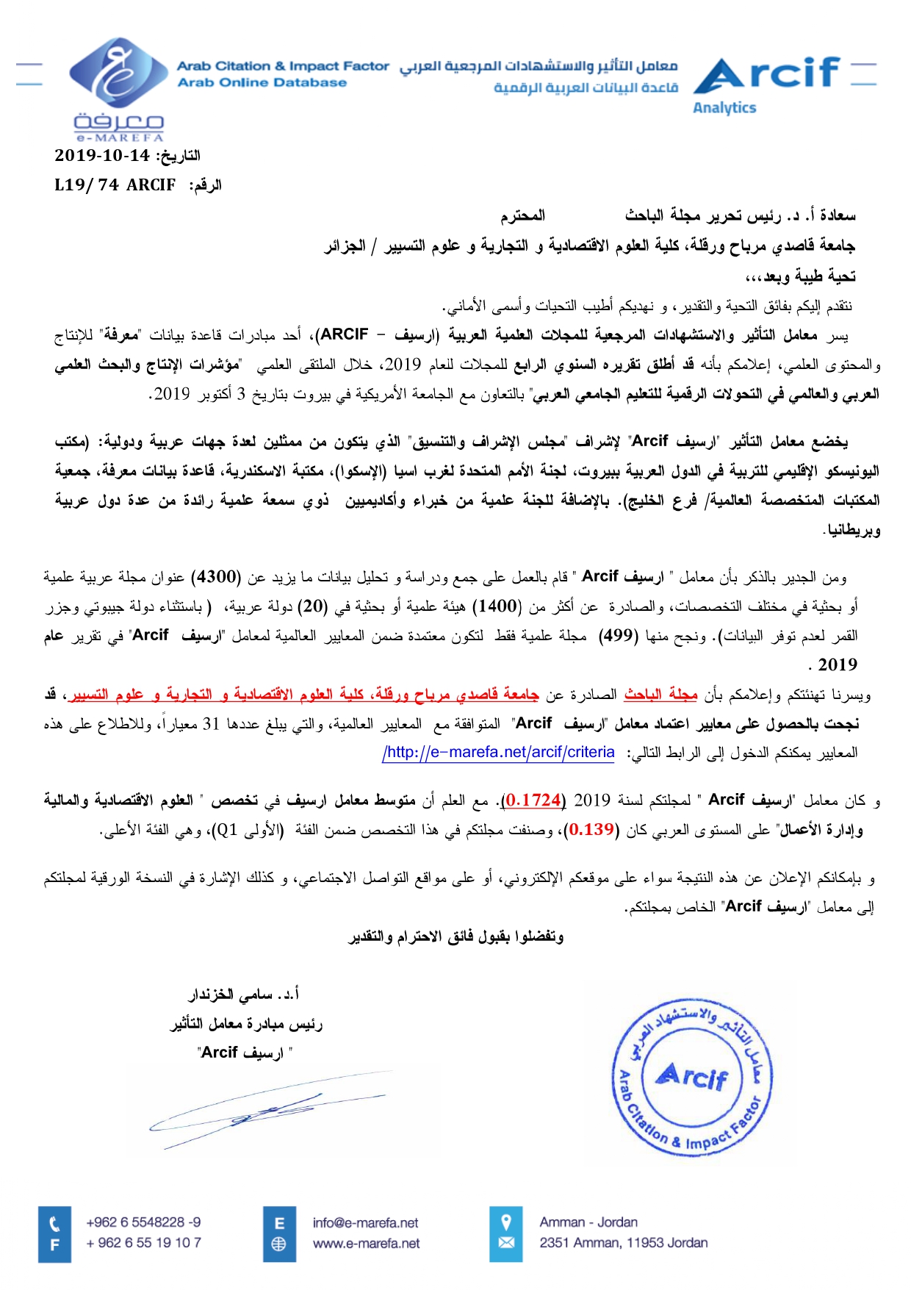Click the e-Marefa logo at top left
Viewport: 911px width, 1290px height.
point(118,88)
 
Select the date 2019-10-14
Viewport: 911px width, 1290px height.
point(102,155)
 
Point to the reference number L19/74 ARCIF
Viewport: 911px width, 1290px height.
point(115,184)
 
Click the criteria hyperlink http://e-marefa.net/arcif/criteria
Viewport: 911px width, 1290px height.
point(499,753)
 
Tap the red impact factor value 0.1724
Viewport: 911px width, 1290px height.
point(533,799)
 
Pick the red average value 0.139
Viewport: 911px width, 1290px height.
point(591,829)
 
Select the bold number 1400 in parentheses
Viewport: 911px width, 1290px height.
point(497,606)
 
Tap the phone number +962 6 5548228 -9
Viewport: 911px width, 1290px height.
point(143,1222)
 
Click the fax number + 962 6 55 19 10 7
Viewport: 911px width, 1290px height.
point(143,1243)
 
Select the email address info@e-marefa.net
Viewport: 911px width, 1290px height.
point(365,1223)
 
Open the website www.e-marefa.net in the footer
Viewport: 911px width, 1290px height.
point(367,1244)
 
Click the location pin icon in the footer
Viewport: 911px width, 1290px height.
point(506,1223)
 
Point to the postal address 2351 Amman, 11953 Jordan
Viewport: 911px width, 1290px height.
point(624,1243)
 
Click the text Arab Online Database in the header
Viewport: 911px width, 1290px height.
point(262,82)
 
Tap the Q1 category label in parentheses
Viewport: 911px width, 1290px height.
point(230,830)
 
